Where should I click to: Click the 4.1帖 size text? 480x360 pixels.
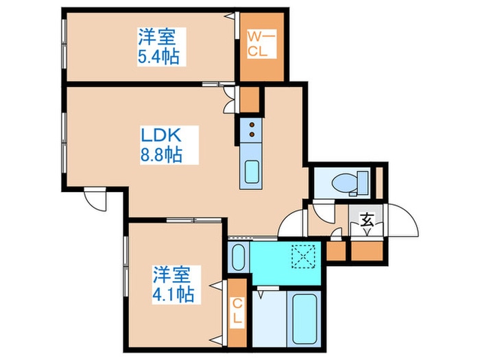click(172, 295)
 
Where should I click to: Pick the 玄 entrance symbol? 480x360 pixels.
click(368, 220)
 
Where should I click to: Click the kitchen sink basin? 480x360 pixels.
click(250, 173)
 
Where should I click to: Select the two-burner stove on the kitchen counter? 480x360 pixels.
click(250, 127)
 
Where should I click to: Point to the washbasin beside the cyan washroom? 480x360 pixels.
click(237, 257)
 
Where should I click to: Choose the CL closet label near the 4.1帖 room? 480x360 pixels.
click(237, 311)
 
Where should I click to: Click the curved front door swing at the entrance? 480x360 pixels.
click(402, 221)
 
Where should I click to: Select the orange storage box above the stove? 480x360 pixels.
click(250, 100)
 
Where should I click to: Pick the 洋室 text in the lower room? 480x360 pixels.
click(171, 275)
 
